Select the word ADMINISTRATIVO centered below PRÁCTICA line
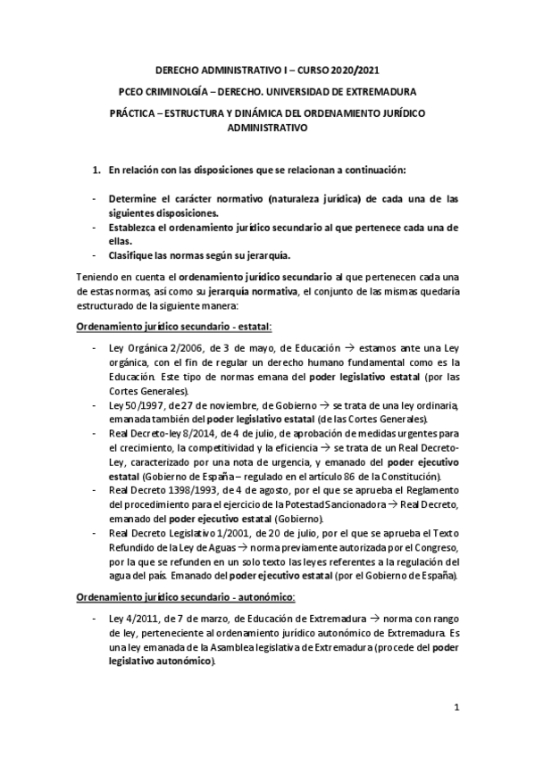267,128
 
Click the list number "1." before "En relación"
97,170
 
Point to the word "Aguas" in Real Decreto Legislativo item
203,545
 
